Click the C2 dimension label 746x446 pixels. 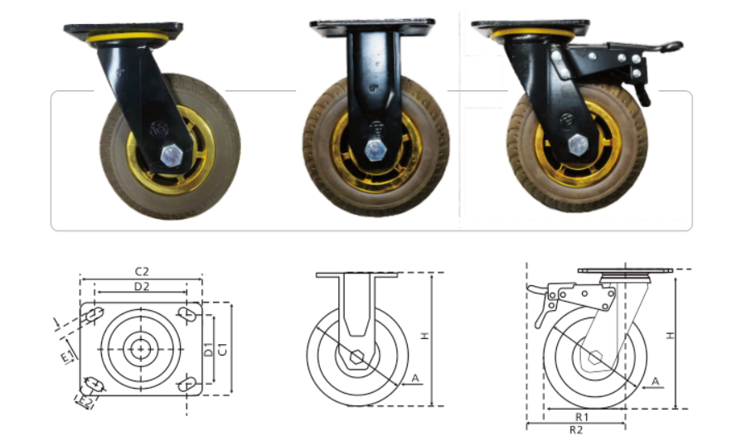coord(142,271)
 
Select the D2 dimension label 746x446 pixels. coord(141,287)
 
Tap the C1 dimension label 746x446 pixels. coord(222,349)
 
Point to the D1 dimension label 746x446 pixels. coord(208,349)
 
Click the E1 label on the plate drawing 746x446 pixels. coord(68,356)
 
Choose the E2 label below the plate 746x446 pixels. coord(85,402)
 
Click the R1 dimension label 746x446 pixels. coord(582,417)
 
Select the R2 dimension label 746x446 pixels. coord(576,429)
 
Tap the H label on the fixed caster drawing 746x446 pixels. coord(425,336)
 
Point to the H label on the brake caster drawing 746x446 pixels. coord(670,335)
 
